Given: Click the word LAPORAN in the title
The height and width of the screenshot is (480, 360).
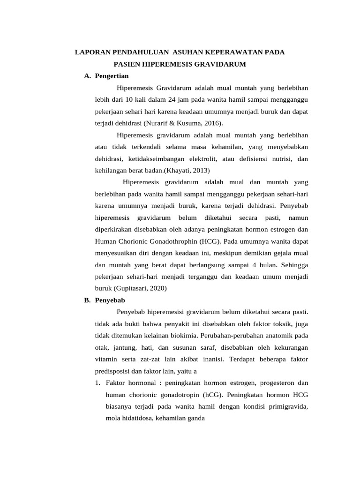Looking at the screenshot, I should [91, 52].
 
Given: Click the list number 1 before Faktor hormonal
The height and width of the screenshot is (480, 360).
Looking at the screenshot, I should [97, 382].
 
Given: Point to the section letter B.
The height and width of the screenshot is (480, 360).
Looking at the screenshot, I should [87, 300].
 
